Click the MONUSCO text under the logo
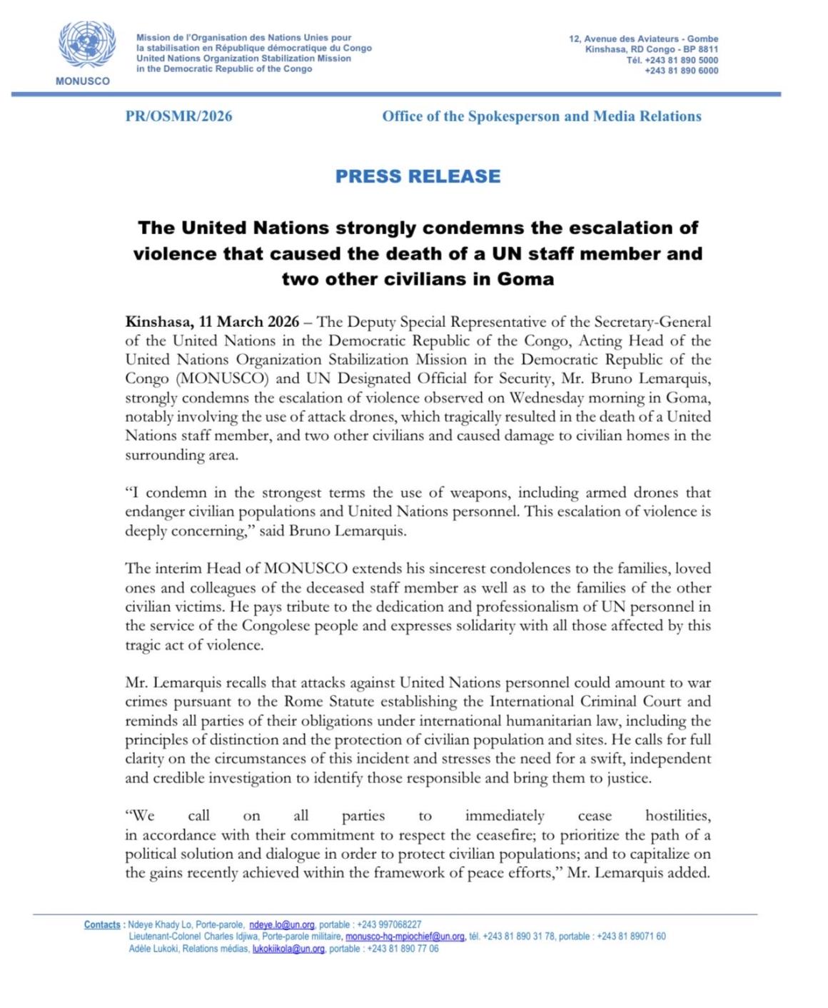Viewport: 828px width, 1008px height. [83, 81]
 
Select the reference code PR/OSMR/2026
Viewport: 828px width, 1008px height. [178, 116]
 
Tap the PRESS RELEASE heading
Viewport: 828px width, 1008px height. [418, 176]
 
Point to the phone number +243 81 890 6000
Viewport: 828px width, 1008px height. [682, 71]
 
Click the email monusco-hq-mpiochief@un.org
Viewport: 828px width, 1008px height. [405, 937]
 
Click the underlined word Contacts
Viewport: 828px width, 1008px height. [102, 924]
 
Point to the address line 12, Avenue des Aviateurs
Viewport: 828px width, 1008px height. [643, 39]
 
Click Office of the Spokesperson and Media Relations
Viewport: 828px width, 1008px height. [541, 116]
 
